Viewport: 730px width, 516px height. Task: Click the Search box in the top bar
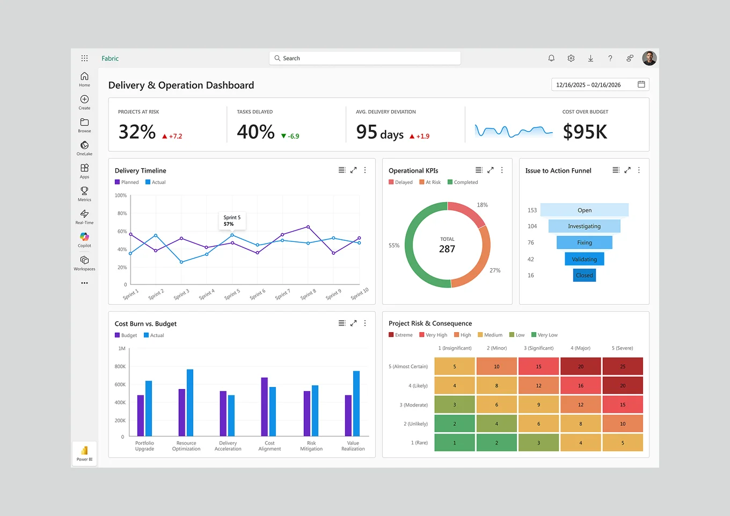coord(365,58)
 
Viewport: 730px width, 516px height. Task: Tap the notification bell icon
coord(551,58)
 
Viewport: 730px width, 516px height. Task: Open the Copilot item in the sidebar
coord(84,239)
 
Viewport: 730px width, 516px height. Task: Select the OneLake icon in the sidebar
coord(84,147)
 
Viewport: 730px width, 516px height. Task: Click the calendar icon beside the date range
coord(641,84)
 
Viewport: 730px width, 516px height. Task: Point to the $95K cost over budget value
coord(585,132)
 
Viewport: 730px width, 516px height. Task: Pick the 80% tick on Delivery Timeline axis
coord(122,213)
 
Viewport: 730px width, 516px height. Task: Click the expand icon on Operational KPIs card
coord(490,170)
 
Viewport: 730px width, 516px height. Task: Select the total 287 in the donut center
coord(447,249)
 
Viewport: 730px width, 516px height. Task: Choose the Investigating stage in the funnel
coord(584,226)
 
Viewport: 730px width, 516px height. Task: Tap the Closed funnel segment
coord(584,275)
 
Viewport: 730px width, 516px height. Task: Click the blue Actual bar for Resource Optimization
coord(190,402)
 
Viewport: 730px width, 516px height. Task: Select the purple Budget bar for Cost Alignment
coord(264,406)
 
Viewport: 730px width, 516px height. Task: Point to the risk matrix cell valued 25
coord(623,367)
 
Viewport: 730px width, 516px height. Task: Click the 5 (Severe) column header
coord(622,348)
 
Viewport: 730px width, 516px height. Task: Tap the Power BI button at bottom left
coord(84,454)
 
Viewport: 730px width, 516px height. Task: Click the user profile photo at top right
coord(649,58)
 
